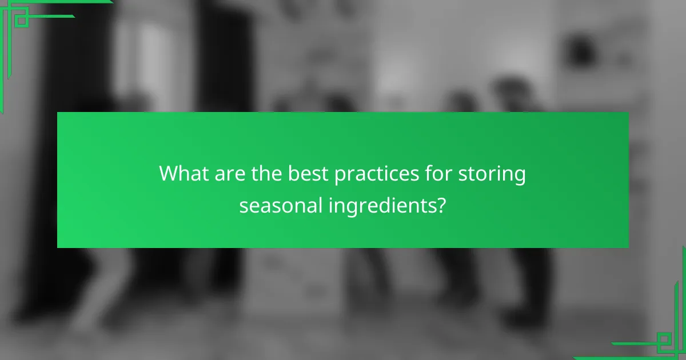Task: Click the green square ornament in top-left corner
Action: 21,20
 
